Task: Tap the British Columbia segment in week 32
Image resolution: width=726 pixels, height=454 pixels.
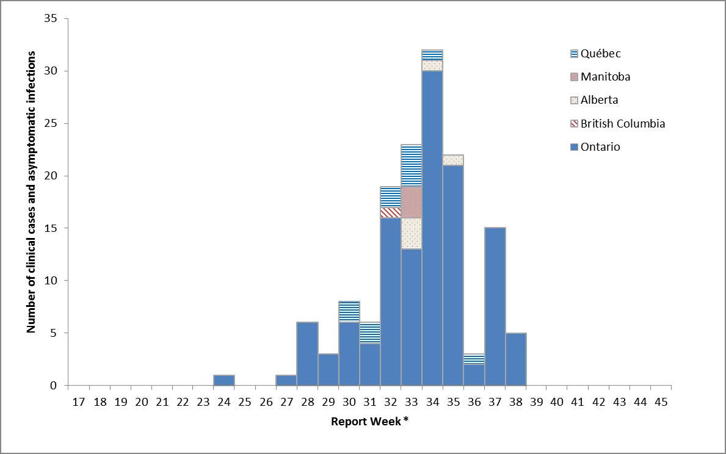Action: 391,212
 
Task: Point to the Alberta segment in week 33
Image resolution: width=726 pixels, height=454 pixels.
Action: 412,234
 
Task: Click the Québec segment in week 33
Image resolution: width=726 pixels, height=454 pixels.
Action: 412,165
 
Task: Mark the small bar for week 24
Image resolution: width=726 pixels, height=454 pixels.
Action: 224,380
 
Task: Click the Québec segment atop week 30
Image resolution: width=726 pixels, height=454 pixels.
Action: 349,312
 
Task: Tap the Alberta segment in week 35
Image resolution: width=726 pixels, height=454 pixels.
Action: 453,160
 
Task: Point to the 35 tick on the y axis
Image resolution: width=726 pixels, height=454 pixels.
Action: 51,19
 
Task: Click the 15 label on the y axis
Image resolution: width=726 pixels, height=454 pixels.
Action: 51,228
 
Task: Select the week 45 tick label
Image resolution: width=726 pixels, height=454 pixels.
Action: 661,403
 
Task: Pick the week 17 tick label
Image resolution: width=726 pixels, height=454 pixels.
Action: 79,403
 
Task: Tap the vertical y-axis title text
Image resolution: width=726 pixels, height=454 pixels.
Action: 31,192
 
